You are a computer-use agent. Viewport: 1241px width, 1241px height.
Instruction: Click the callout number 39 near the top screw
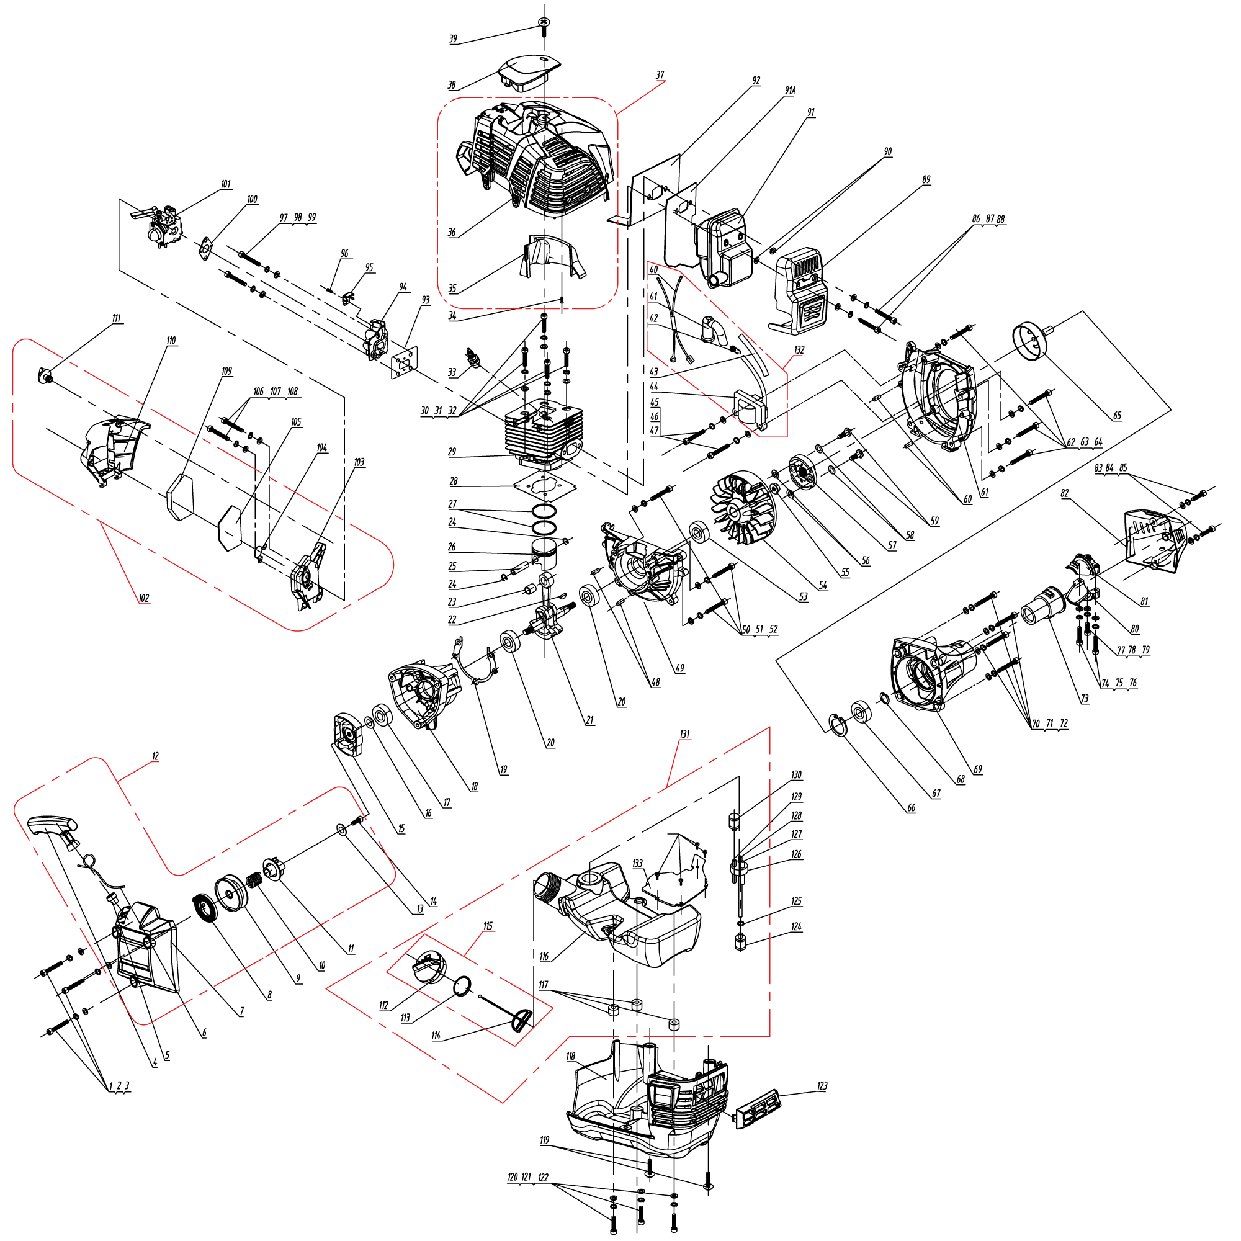pyautogui.click(x=453, y=39)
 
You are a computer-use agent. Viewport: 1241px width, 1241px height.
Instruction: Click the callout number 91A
pyautogui.click(x=789, y=91)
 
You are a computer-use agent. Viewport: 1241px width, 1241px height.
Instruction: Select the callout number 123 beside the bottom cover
pyautogui.click(x=822, y=1086)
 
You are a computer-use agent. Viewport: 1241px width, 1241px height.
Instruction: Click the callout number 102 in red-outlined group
pyautogui.click(x=143, y=598)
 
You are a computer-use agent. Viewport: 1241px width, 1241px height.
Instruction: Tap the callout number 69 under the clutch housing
pyautogui.click(x=978, y=769)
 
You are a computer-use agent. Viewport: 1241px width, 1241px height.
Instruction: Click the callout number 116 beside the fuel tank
pyautogui.click(x=544, y=956)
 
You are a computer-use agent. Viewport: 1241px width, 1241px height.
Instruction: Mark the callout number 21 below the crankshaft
pyautogui.click(x=589, y=720)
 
